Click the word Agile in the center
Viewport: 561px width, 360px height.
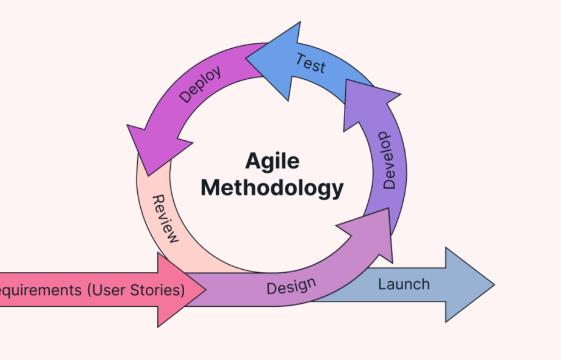[x=272, y=162]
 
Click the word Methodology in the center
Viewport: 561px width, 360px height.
[x=272, y=187]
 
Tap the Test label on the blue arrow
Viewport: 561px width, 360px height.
[x=310, y=63]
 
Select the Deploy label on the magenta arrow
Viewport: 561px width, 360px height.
[x=200, y=84]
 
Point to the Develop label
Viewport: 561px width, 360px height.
[x=388, y=159]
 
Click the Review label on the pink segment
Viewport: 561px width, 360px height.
[x=165, y=219]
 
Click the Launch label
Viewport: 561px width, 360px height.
[x=404, y=284]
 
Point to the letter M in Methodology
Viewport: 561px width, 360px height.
[x=211, y=187]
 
